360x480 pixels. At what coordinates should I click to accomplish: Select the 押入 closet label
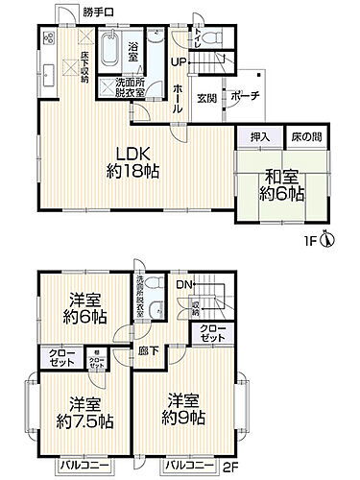click(258, 137)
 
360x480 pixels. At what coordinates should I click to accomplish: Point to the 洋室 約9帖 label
click(183, 412)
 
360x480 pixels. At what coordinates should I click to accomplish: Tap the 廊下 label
click(146, 352)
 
